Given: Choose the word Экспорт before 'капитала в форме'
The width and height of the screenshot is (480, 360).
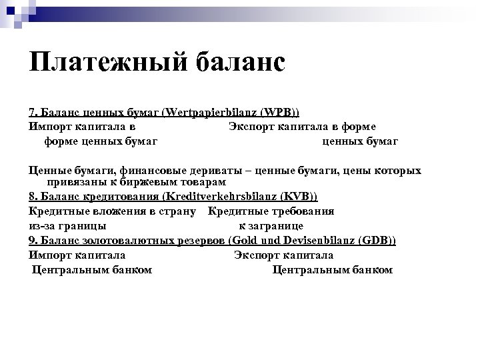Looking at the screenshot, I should point(249,126).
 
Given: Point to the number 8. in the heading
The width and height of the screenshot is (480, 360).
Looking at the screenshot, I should point(35,197).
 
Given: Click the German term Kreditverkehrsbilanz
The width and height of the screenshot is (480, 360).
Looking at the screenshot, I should point(225,197).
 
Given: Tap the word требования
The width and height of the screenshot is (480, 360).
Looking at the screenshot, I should point(301,211).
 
